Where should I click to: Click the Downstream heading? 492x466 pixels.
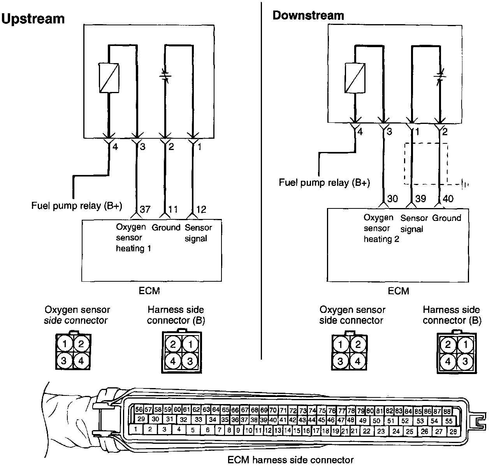click(308, 15)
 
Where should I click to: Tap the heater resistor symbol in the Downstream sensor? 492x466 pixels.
click(355, 78)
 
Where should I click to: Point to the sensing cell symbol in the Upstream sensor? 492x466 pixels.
click(165, 76)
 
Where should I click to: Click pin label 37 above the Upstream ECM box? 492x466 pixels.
click(145, 209)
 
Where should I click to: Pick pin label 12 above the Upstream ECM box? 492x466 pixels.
click(201, 209)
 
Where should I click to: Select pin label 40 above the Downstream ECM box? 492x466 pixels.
click(448, 199)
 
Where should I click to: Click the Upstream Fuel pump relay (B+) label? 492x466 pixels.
click(77, 205)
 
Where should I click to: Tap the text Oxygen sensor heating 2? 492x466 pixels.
click(381, 228)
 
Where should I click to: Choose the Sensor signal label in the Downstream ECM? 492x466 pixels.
click(414, 223)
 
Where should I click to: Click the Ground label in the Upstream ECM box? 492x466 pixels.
click(166, 227)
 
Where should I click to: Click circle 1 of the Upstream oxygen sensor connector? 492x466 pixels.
click(66, 344)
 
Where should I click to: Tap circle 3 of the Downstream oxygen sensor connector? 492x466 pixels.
click(341, 361)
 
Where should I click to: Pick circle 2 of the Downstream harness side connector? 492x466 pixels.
click(448, 344)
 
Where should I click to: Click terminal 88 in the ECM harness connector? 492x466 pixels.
click(447, 411)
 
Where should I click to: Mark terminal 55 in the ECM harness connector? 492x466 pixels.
click(448, 421)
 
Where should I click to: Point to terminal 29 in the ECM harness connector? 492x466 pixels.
click(141, 419)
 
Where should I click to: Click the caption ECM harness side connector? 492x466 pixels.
click(290, 460)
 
